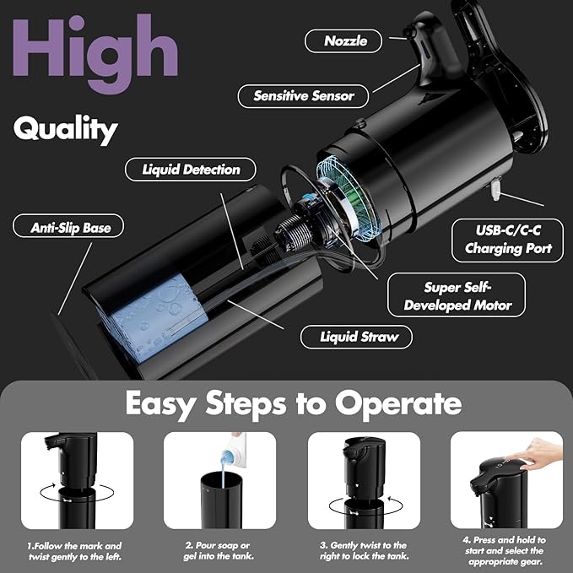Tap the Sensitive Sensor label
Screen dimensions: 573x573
click(304, 95)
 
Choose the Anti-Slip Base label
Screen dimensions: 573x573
click(66, 227)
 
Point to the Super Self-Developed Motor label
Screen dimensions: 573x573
click(458, 295)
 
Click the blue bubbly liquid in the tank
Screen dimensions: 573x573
click(143, 317)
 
